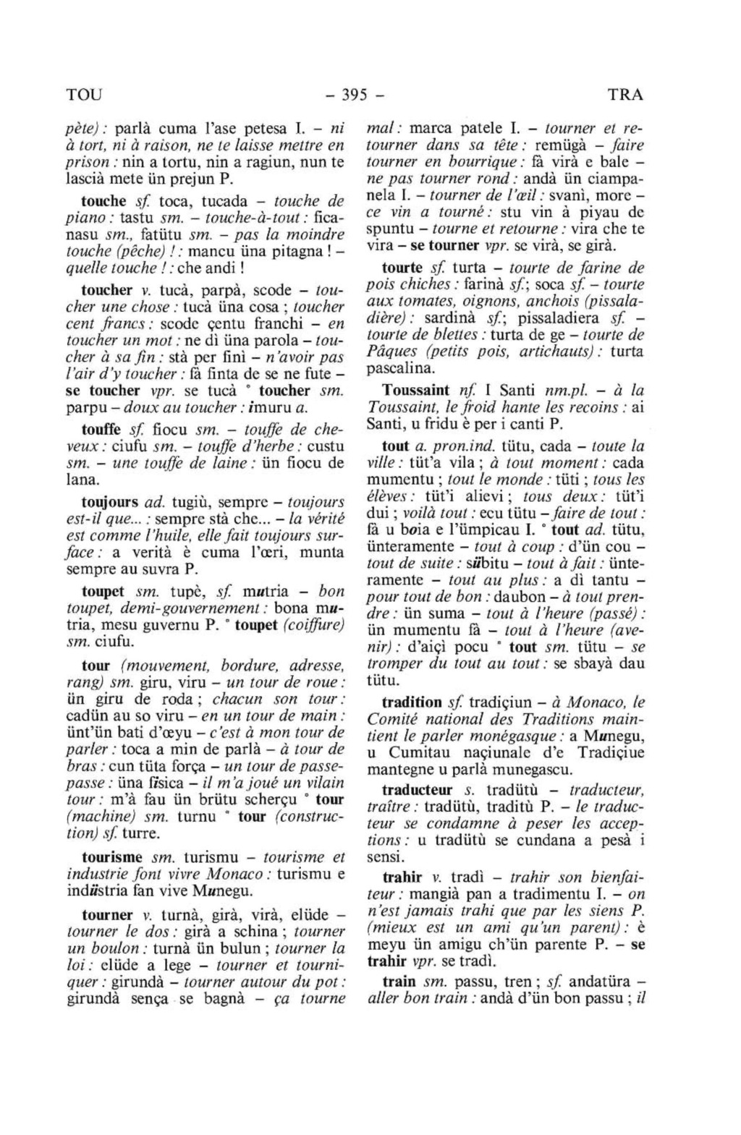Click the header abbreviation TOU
pos(85,95)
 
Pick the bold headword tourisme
pos(112,857)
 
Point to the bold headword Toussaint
pos(415,390)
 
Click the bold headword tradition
pos(411,702)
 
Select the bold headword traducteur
pos(417,790)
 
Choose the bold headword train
pos(399,982)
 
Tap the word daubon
pos(524,598)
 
